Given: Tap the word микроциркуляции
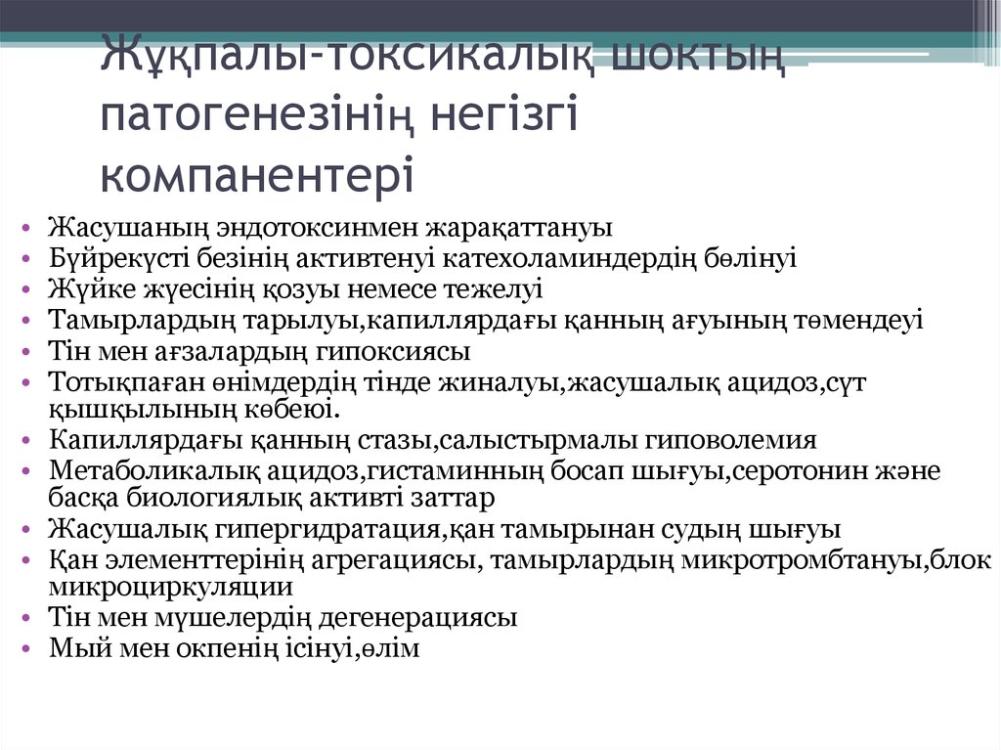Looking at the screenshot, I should [x=171, y=588].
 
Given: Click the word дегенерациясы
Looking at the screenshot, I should [x=422, y=618].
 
